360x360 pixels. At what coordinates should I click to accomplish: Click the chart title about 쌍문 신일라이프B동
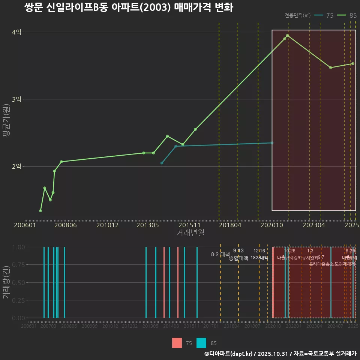[129, 7]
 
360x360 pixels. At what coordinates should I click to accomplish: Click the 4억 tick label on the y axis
[16, 32]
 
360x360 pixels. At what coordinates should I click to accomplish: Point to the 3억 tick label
[16, 99]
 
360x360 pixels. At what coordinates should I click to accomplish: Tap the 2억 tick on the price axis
[16, 166]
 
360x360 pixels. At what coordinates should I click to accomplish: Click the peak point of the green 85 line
[287, 36]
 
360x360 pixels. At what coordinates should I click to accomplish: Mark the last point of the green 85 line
[353, 64]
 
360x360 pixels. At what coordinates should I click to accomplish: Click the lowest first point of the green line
[40, 211]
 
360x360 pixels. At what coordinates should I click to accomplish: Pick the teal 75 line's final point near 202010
[272, 143]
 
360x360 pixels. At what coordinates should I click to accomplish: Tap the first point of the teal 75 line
[162, 163]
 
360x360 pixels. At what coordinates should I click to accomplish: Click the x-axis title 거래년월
[190, 233]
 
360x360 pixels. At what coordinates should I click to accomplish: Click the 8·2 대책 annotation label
[220, 254]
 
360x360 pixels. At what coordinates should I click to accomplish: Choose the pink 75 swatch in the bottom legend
[177, 343]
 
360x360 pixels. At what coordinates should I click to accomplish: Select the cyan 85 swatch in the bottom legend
[201, 343]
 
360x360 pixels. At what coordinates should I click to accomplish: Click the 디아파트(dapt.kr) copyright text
[229, 354]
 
